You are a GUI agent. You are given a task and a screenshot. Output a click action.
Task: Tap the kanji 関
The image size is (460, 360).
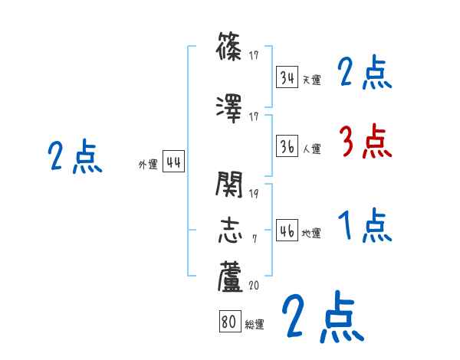pos(230,186)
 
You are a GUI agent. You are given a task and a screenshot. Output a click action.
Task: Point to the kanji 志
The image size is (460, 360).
pos(230,229)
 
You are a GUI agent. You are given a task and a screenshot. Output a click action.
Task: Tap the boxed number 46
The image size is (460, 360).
pos(287,232)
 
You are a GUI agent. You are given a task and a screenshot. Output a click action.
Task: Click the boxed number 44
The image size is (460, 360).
pos(173,162)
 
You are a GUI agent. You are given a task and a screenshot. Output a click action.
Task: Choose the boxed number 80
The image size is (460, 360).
pos(228,322)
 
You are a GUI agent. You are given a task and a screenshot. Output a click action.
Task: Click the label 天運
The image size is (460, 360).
pos(311,80)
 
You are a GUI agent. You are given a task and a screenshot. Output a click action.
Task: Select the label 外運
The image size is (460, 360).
pos(147,164)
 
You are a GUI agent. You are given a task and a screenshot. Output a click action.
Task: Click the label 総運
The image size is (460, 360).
pos(255,325)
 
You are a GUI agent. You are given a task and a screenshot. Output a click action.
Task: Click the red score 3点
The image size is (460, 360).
pos(364,141)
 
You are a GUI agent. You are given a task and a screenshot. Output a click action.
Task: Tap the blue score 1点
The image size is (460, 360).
pos(364,226)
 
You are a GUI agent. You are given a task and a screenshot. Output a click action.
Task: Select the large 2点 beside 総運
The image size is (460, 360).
pos(322,318)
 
